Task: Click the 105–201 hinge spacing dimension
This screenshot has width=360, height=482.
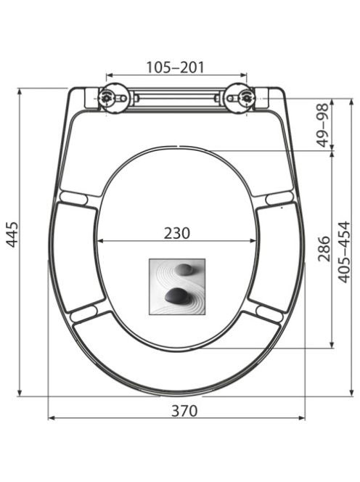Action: [175, 68]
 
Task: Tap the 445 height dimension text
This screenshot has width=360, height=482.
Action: [12, 234]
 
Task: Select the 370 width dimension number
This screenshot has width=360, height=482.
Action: [184, 411]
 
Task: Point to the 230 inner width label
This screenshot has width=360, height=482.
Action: [177, 233]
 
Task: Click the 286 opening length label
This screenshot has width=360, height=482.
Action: [324, 249]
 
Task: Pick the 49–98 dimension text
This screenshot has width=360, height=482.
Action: [323, 126]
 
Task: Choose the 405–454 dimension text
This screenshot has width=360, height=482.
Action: [344, 252]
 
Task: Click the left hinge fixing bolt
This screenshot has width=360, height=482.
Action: [107, 98]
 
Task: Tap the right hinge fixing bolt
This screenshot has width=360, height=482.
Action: [246, 98]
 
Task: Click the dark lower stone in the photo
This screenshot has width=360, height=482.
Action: [176, 295]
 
